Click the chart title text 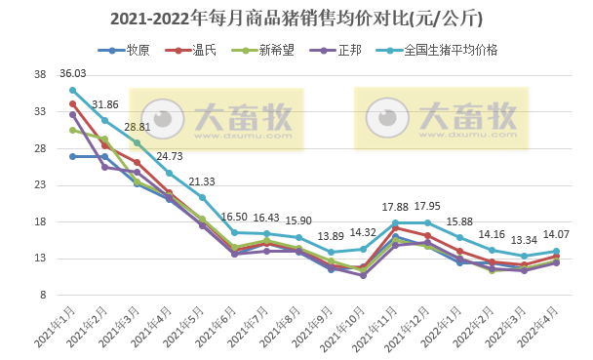click(x=296, y=19)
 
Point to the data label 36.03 click(x=73, y=74)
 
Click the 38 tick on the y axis click(x=40, y=75)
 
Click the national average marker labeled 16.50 click(x=235, y=232)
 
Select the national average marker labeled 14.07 click(x=557, y=251)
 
